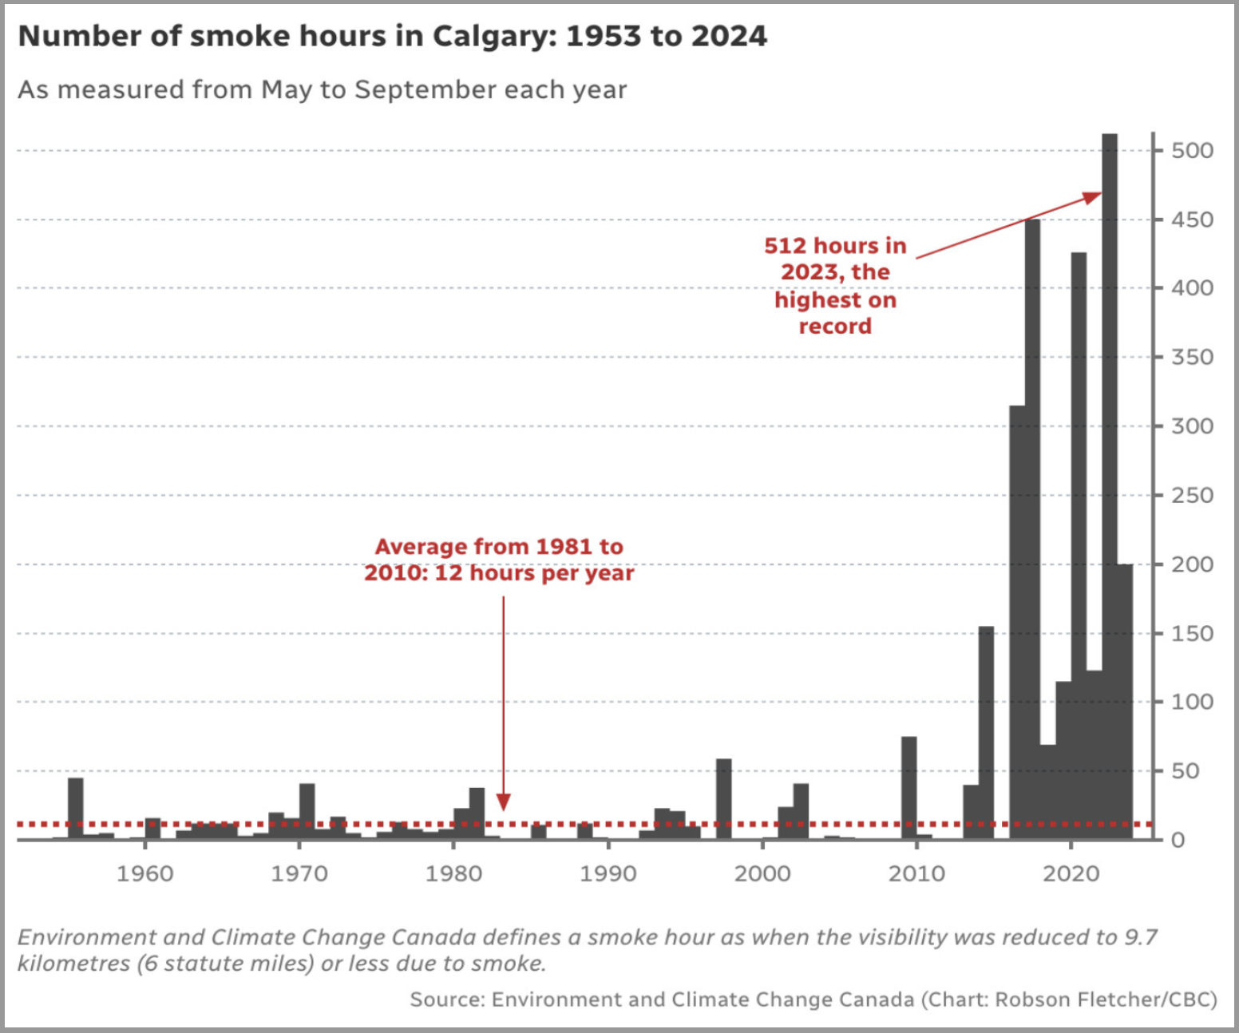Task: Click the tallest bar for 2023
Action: click(1110, 479)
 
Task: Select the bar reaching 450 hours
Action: click(1032, 527)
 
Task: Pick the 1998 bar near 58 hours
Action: click(723, 798)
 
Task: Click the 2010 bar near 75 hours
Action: click(908, 787)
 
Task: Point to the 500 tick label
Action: click(1192, 150)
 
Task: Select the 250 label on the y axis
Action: click(1192, 495)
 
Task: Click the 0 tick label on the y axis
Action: click(1178, 840)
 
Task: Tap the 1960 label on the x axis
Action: click(144, 873)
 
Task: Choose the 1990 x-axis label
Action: click(608, 873)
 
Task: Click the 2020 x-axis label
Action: click(1071, 873)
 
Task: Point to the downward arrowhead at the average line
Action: click(503, 802)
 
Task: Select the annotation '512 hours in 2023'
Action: click(835, 258)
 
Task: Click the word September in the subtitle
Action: click(426, 89)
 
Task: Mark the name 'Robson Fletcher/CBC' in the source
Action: click(1106, 999)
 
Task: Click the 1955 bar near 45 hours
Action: click(75, 807)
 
